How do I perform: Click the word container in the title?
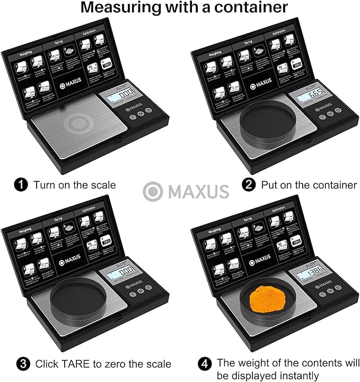(x=250, y=8)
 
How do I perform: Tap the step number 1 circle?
(x=21, y=185)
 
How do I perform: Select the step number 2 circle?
(x=248, y=185)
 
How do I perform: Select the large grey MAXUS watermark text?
(x=198, y=192)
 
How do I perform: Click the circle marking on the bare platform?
(x=78, y=123)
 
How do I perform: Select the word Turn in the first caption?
(x=45, y=185)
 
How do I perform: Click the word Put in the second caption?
(x=269, y=185)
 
